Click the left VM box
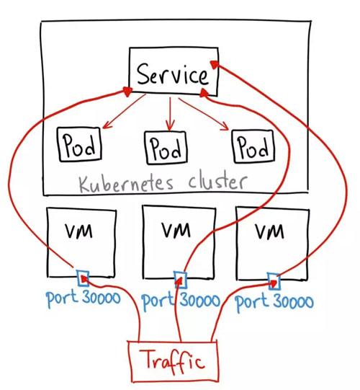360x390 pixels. pos(81,241)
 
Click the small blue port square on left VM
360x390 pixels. pos(84,275)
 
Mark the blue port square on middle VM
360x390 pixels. pos(179,278)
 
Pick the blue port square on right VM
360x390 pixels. pos(274,278)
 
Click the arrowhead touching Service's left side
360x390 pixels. pos(127,89)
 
